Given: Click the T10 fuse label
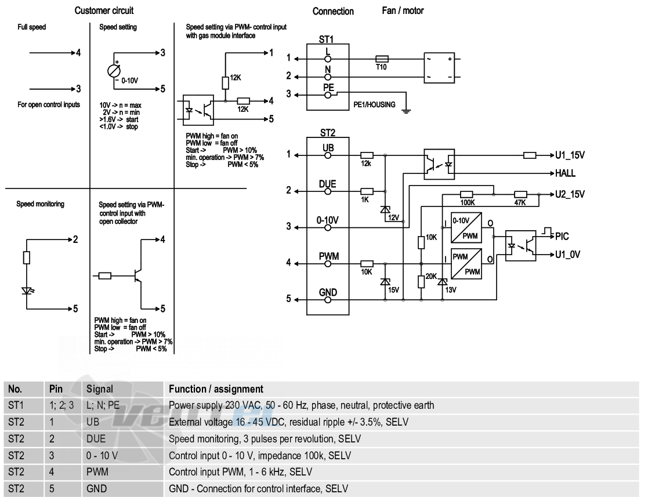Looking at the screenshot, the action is coord(381,67).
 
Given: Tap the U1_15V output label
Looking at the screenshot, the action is coord(570,155).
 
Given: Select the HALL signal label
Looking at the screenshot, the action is coord(566,173).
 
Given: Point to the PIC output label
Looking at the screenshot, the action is coord(562,236).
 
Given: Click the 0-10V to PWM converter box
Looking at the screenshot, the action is coord(466,227).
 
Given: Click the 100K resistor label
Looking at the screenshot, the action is coord(468,203).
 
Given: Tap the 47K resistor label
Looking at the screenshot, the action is coord(520,203).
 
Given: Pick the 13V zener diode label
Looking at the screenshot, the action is coord(450,290).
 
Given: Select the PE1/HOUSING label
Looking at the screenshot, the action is coord(374,104).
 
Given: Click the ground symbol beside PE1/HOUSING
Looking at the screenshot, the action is coord(407,110).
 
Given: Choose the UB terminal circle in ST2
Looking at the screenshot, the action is coord(328,155).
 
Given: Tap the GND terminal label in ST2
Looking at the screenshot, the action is coord(328,292).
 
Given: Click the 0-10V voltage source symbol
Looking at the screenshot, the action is coord(114,71).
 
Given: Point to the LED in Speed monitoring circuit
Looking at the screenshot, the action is coord(27,291).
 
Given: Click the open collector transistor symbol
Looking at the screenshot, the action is coord(138,275).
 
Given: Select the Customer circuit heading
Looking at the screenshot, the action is coord(104,11).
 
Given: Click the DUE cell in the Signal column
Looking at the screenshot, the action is coord(96,438).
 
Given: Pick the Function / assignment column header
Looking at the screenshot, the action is coord(216,389).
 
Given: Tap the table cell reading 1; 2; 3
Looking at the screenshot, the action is coord(61,405).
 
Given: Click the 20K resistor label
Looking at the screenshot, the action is coord(431,277).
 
